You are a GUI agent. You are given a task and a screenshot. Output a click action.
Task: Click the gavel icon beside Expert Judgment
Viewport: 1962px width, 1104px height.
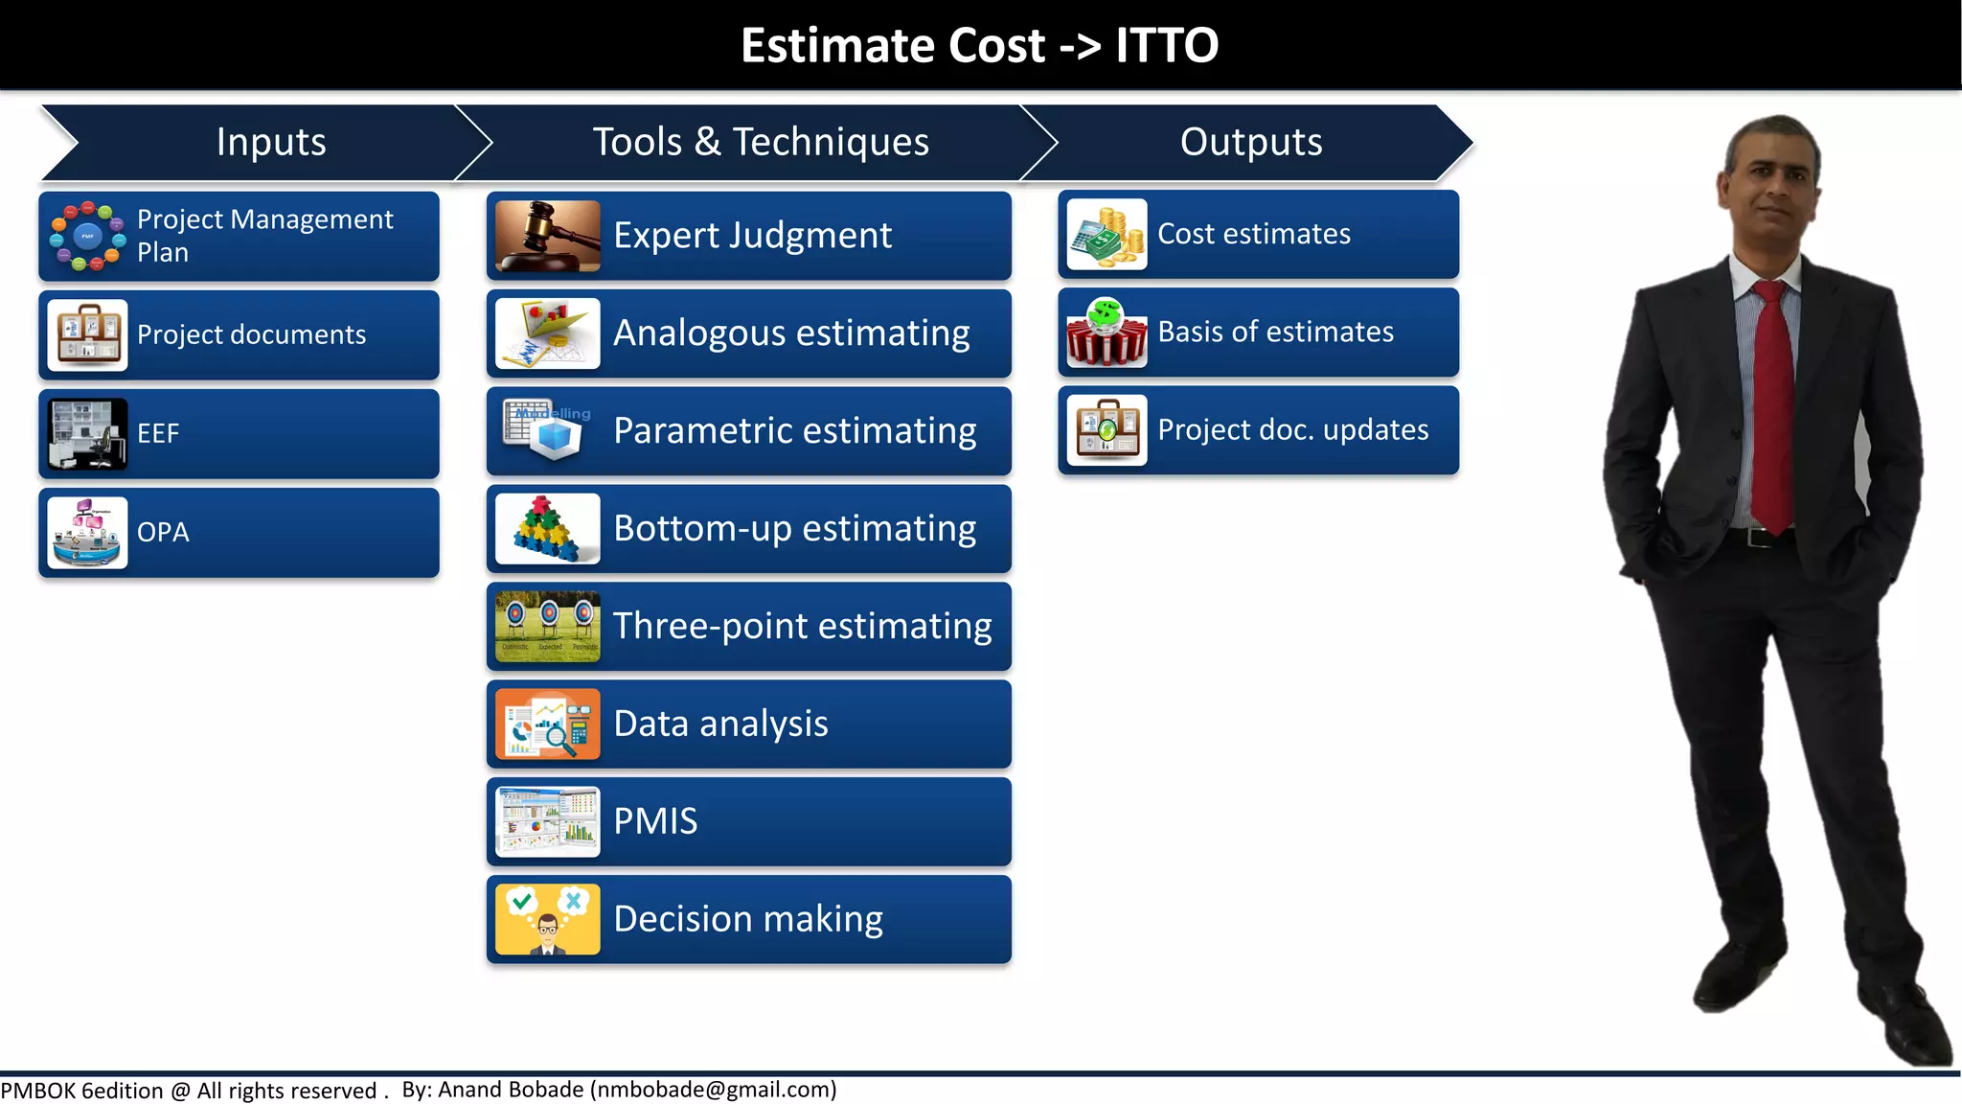547,236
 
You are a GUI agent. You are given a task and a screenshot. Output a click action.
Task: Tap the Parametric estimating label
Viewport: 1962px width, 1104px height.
794,431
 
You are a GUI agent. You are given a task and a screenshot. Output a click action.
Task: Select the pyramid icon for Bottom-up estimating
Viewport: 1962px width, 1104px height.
547,529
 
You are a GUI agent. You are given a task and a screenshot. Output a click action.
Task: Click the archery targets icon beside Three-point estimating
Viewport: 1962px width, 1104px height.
547,627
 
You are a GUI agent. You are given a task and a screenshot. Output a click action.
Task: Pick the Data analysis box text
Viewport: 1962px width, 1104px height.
720,724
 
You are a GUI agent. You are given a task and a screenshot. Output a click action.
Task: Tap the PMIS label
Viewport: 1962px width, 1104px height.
655,822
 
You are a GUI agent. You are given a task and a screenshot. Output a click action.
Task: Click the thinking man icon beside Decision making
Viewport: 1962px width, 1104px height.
547,920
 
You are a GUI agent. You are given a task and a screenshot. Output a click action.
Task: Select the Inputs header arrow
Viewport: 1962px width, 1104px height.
271,142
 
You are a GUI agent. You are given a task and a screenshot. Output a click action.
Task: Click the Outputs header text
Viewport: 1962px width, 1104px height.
1250,142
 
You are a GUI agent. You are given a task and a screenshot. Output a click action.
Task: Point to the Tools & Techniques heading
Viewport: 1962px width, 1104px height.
761,142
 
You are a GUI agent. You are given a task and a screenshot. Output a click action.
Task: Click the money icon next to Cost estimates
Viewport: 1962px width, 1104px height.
1106,235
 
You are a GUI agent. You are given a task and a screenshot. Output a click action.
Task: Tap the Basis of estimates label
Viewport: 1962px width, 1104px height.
1275,333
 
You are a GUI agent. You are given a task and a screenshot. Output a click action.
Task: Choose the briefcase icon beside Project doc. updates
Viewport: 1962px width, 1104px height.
1106,430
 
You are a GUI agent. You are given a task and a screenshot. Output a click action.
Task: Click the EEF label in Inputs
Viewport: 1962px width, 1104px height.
158,434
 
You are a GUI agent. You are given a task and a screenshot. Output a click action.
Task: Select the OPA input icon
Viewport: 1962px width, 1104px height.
87,533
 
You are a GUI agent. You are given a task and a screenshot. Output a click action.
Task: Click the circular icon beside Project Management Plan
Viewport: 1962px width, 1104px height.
87,236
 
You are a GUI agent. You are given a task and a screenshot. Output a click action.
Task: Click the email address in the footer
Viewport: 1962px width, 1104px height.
714,1090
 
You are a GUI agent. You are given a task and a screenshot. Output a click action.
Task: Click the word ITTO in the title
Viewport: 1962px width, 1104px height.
1166,45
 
